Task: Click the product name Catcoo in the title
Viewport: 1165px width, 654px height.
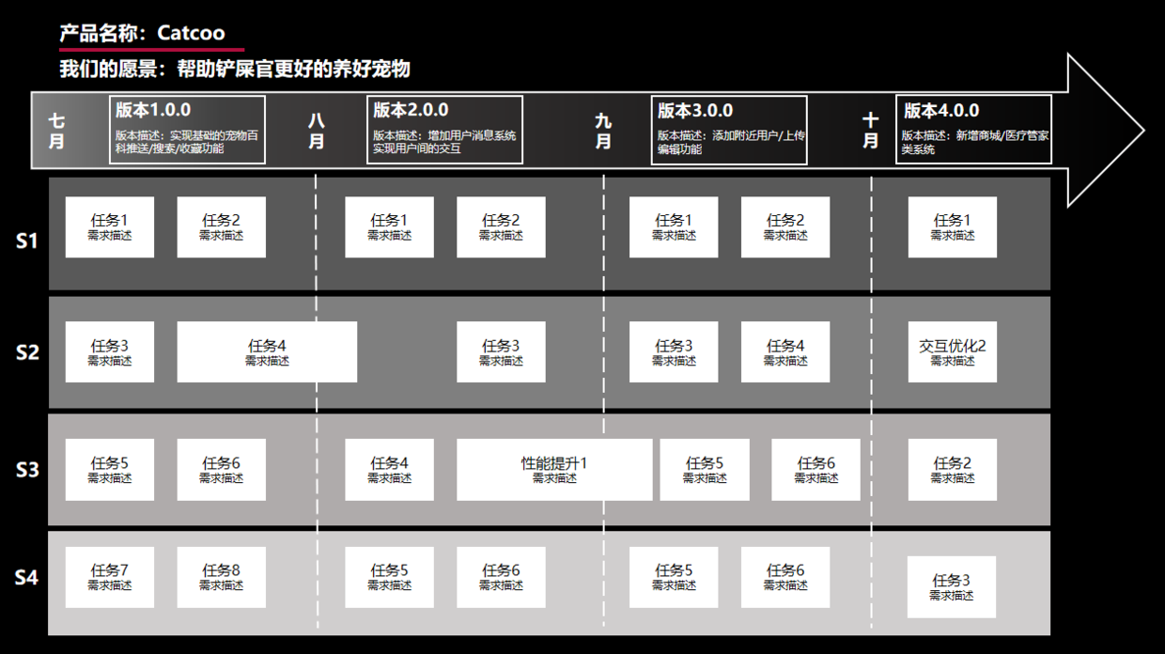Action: tap(191, 33)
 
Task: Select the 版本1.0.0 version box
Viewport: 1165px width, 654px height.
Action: tap(187, 130)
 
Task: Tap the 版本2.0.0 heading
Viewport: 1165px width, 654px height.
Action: tap(411, 110)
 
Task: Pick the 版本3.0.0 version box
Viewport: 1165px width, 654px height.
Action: tap(728, 130)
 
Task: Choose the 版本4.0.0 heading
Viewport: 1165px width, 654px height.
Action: tap(941, 110)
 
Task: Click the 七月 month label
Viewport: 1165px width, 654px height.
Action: tap(57, 131)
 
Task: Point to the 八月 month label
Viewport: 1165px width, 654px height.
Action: tap(317, 131)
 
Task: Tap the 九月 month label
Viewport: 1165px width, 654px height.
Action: tap(603, 131)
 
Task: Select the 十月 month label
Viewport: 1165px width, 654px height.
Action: tap(871, 131)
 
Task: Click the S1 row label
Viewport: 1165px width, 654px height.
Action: tap(27, 241)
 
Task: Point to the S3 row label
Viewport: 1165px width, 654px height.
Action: tap(27, 469)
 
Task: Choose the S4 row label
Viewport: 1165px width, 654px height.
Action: tap(27, 577)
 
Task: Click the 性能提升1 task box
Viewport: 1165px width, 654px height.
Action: tap(554, 469)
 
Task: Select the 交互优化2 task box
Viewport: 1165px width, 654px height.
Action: tap(952, 352)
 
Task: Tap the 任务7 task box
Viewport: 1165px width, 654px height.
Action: tap(110, 577)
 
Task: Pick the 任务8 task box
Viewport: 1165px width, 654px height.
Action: tap(221, 577)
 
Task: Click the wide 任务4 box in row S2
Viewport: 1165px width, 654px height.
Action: tap(267, 352)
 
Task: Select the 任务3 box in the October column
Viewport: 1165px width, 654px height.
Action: tap(952, 587)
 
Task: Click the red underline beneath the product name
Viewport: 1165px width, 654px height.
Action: tap(151, 48)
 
